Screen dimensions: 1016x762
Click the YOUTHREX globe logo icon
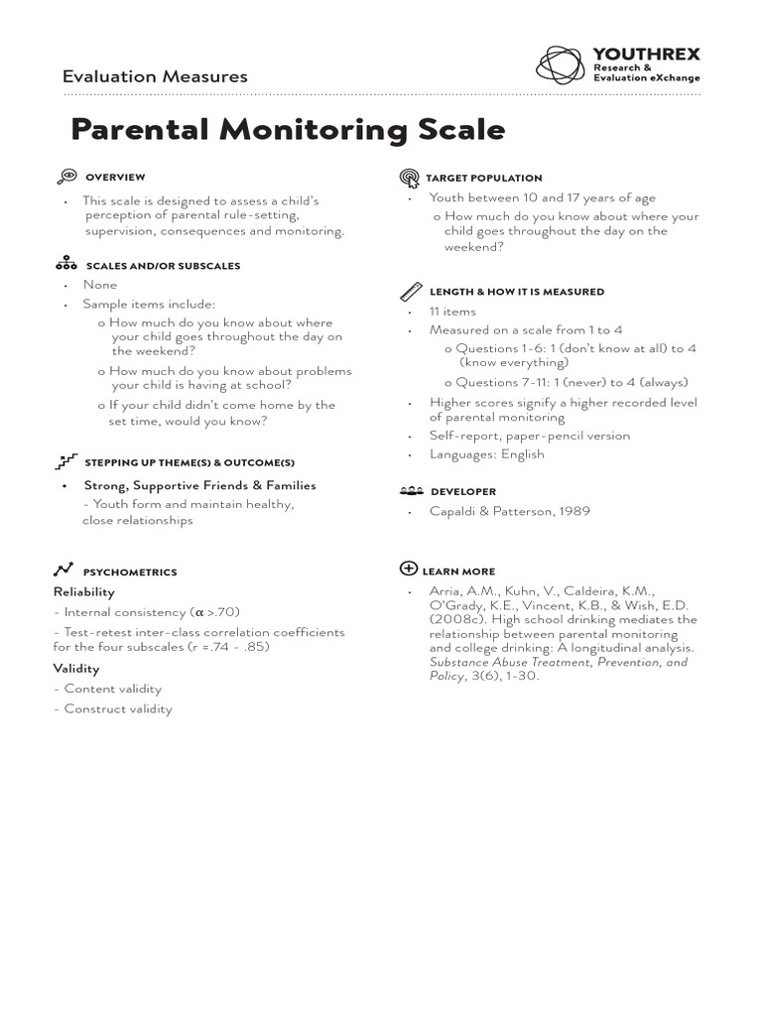pyautogui.click(x=563, y=64)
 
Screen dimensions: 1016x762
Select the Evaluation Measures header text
pyautogui.click(x=155, y=76)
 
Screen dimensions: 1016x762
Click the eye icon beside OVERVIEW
pyautogui.click(x=66, y=177)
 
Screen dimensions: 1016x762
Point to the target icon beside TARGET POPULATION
pyautogui.click(x=410, y=178)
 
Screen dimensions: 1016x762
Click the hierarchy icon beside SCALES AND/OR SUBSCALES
pyautogui.click(x=66, y=265)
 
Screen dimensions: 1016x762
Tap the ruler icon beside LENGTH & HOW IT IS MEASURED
pyautogui.click(x=411, y=292)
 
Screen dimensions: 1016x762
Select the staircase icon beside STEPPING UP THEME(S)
pyautogui.click(x=66, y=461)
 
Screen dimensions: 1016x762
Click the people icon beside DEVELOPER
pyautogui.click(x=411, y=491)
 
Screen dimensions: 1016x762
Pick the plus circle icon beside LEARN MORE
pyautogui.click(x=408, y=569)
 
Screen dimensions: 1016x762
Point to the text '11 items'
pyautogui.click(x=452, y=312)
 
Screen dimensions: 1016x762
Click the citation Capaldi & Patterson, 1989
pyautogui.click(x=509, y=511)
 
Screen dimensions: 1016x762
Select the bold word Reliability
pyautogui.click(x=84, y=591)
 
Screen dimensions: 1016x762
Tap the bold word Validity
pyautogui.click(x=76, y=669)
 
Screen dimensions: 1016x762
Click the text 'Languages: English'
pyautogui.click(x=486, y=454)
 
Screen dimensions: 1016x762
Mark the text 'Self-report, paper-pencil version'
pyautogui.click(x=529, y=436)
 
